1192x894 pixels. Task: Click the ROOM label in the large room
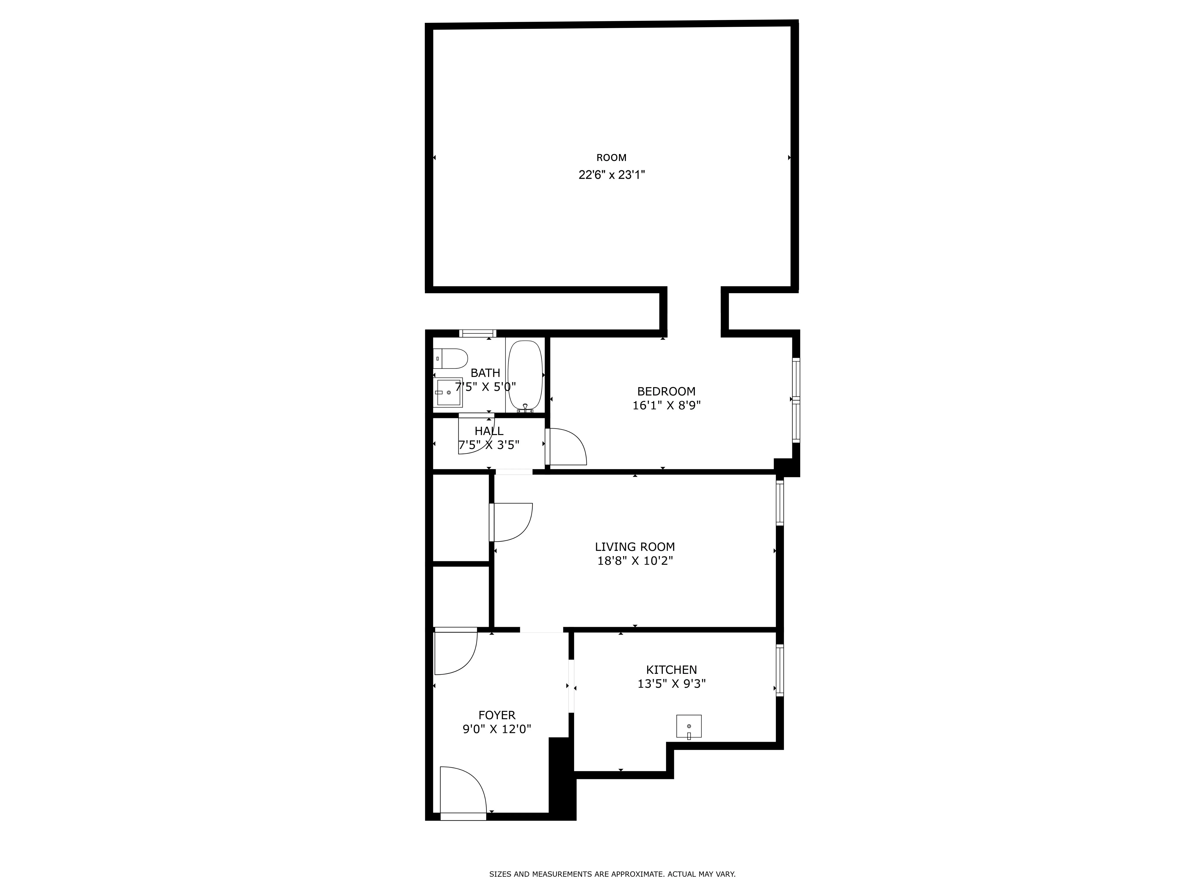[x=611, y=158]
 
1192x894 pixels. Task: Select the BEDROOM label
[x=666, y=391]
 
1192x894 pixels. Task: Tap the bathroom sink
[x=448, y=392]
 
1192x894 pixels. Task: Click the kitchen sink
[x=689, y=726]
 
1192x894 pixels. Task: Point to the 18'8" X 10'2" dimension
[x=635, y=561]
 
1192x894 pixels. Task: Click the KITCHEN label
[x=671, y=670]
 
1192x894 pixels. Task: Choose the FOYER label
[x=497, y=715]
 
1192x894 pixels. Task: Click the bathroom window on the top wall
[x=477, y=333]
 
